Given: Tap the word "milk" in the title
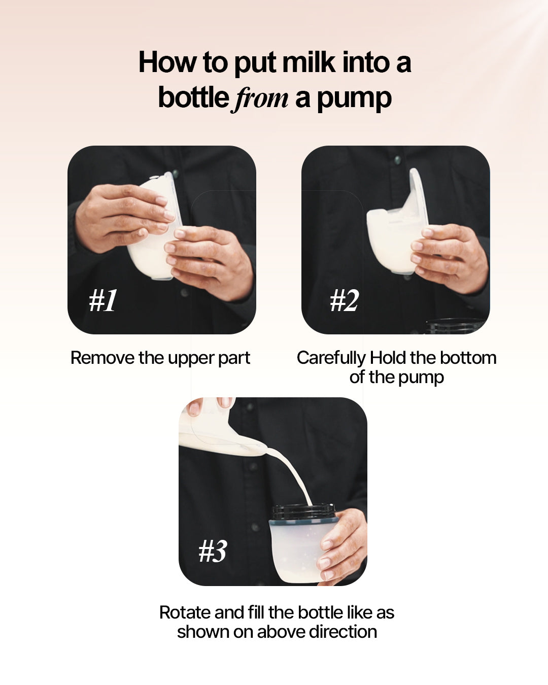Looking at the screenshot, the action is click(x=309, y=62).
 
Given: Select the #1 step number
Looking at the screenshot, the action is click(x=103, y=300).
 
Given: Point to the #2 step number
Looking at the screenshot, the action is click(x=344, y=300).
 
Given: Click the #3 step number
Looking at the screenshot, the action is click(x=213, y=551).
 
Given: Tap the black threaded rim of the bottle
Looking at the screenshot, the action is click(x=303, y=512).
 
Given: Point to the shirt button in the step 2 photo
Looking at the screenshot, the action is click(x=397, y=159).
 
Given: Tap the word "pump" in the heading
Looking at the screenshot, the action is click(x=354, y=99).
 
